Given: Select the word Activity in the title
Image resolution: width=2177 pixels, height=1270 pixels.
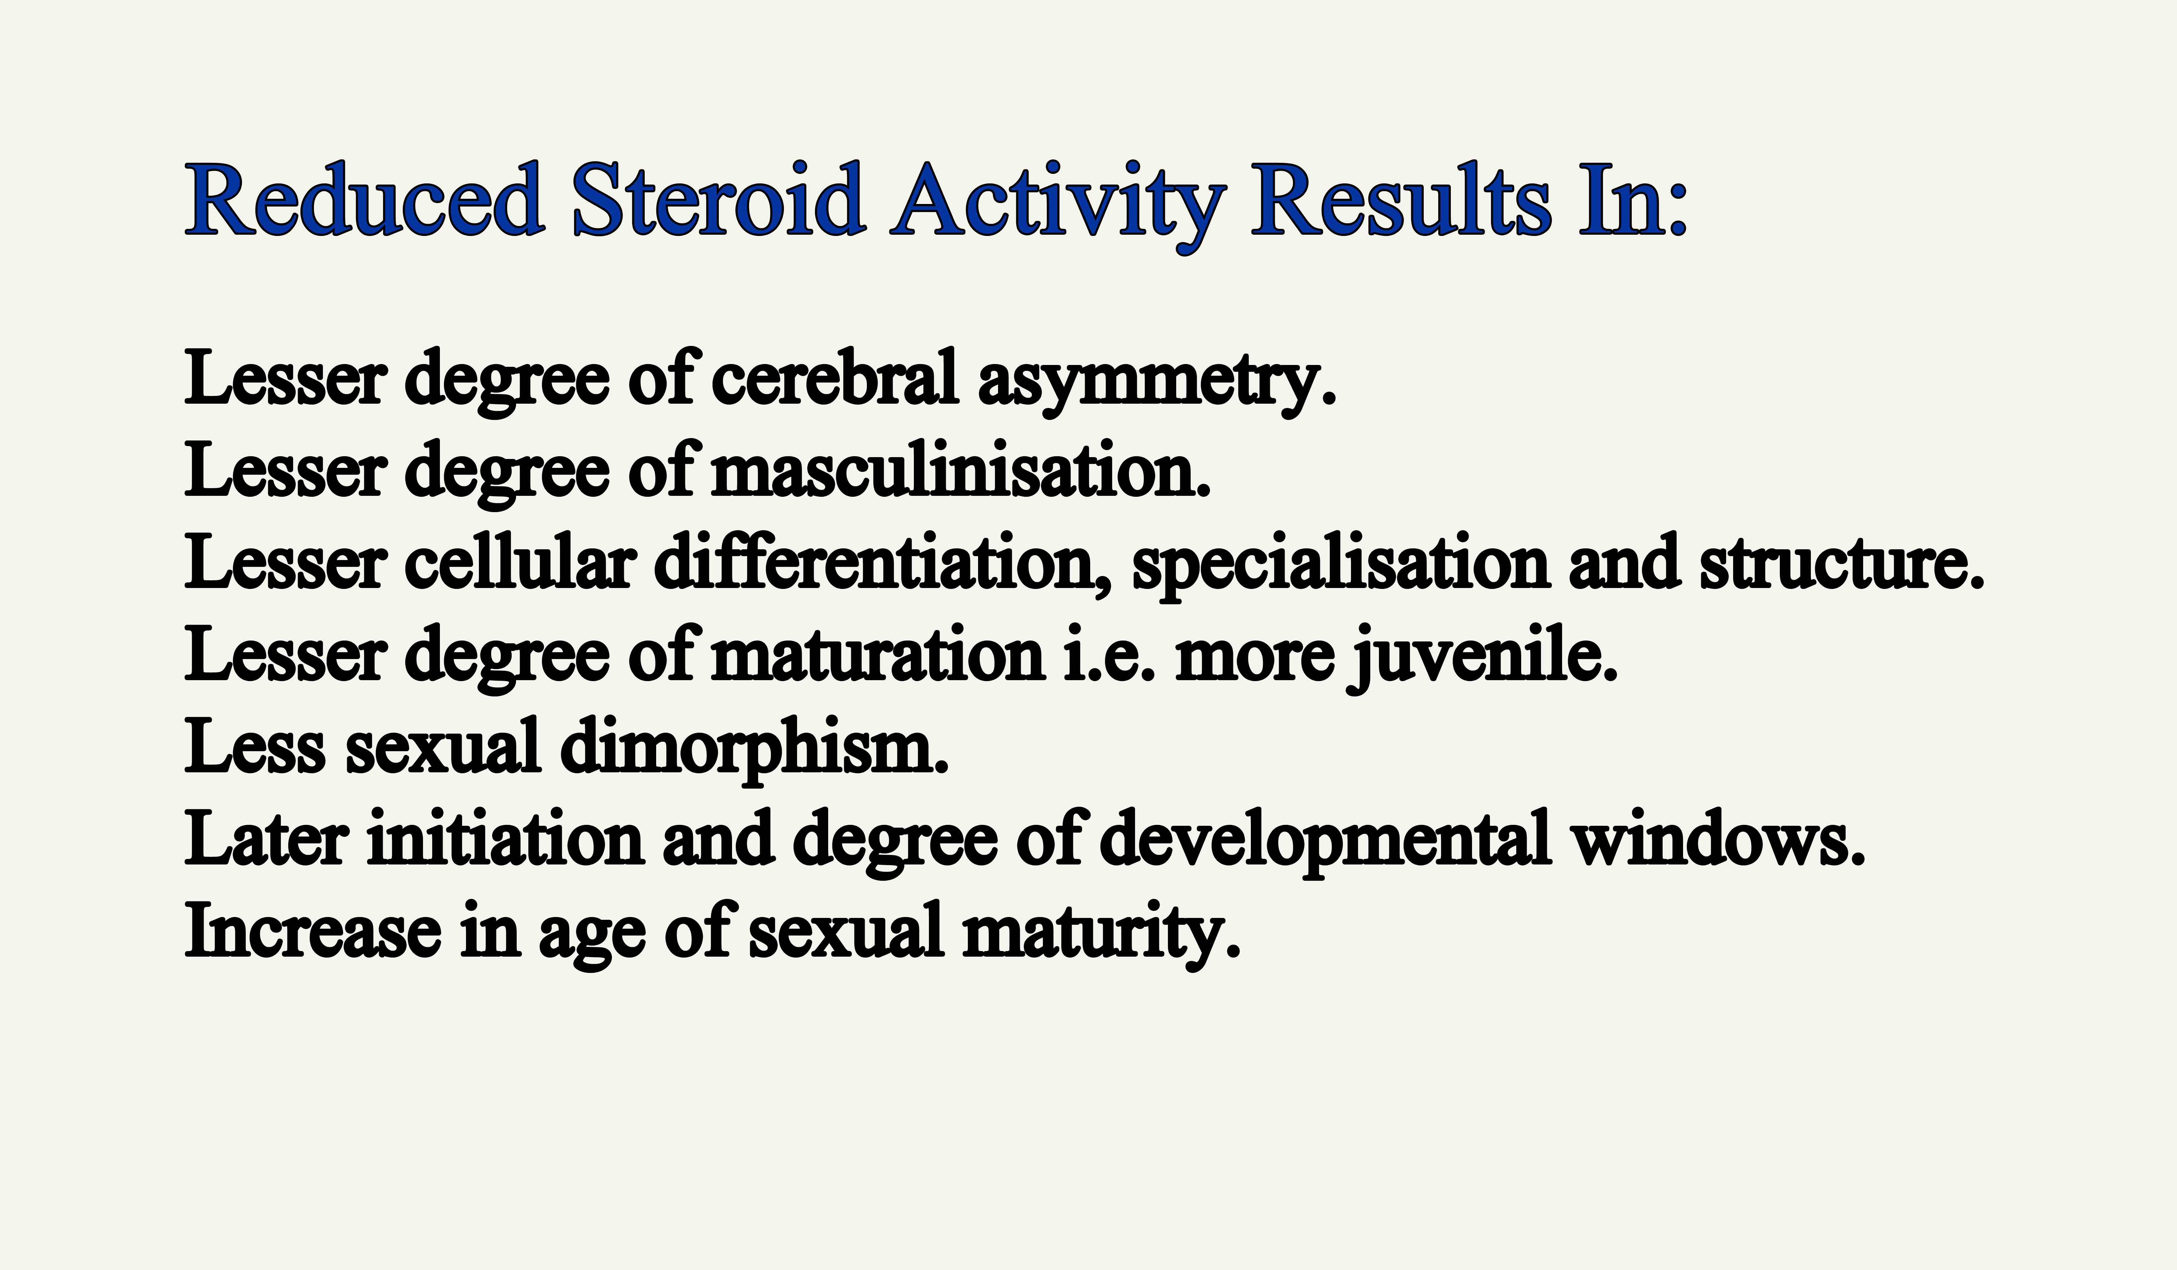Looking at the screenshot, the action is coord(1058,207).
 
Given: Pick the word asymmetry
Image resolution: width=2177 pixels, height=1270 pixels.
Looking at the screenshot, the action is coord(1157,384).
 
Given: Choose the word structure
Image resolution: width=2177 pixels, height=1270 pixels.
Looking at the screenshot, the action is coord(1842,563).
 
